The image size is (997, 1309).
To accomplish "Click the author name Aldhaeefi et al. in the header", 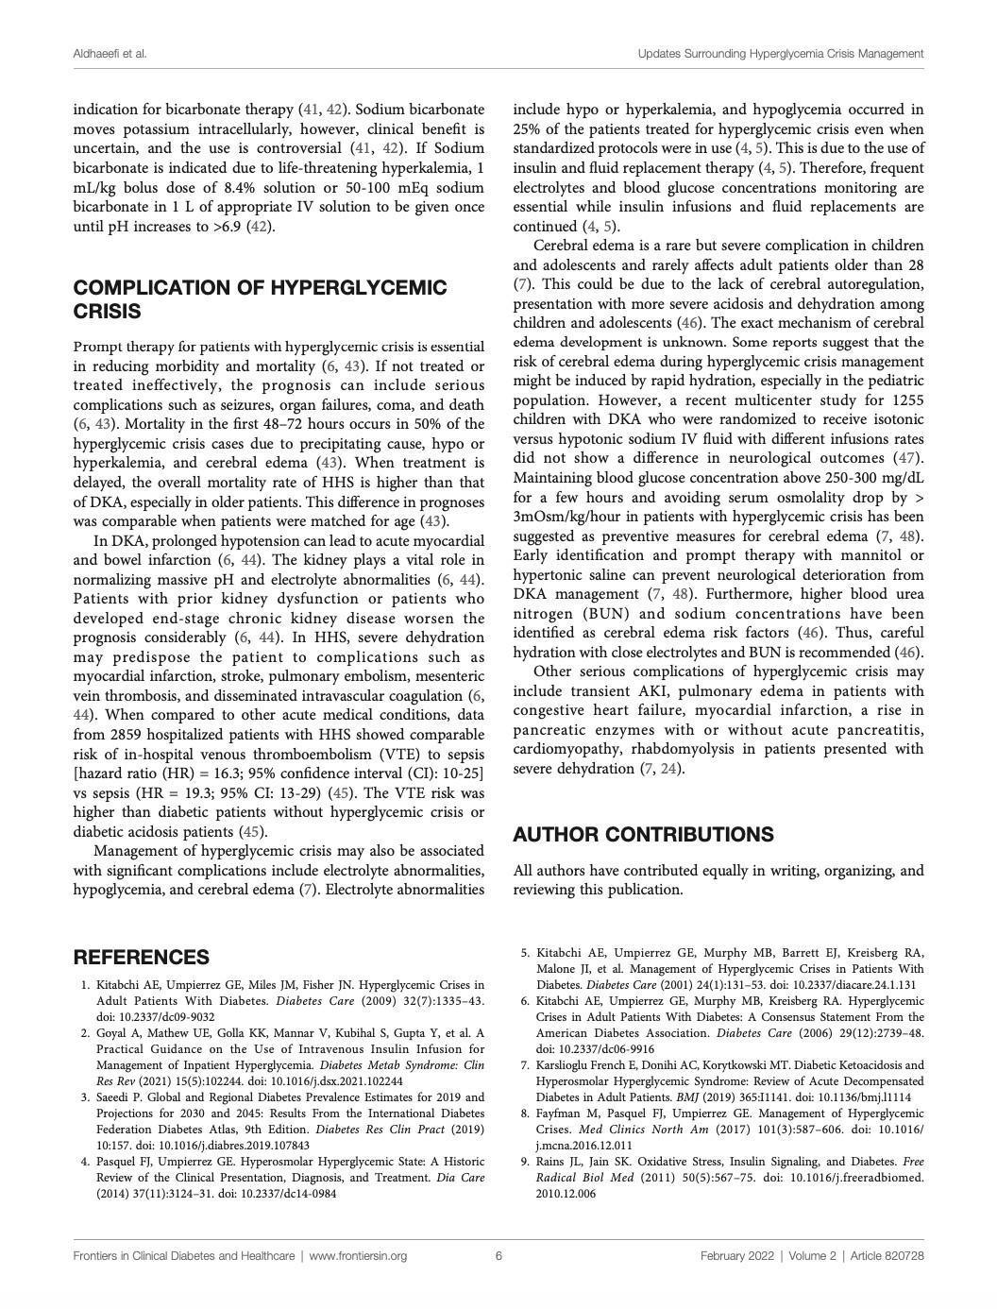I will [110, 54].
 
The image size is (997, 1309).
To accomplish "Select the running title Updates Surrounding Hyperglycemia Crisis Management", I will [780, 54].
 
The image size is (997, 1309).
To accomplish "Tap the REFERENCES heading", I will [142, 957].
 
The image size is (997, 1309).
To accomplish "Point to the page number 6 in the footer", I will [498, 1255].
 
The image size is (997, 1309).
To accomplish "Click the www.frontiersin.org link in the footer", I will [358, 1255].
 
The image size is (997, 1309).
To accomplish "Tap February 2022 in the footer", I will [739, 1255].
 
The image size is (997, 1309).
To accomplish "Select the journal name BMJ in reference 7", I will [705, 1096].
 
